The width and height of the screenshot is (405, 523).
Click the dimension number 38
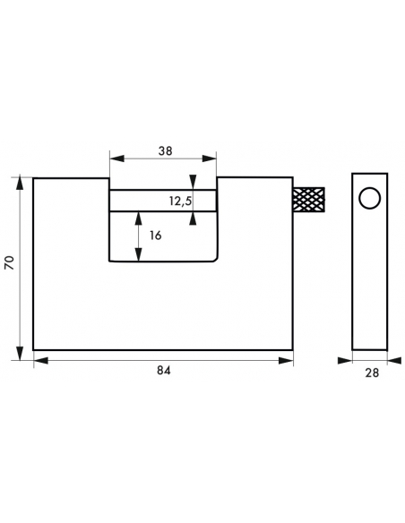click(165, 151)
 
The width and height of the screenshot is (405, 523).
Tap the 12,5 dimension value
click(180, 201)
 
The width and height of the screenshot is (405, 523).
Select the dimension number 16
click(156, 236)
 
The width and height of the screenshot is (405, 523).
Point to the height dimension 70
click(9, 262)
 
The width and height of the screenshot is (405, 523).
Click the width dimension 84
click(163, 371)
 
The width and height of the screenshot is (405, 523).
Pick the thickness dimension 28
click(372, 373)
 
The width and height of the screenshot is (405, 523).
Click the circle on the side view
click(370, 198)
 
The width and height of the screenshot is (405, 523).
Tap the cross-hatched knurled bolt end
click(309, 200)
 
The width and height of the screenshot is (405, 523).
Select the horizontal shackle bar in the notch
click(163, 201)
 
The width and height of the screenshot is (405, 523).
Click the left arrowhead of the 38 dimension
click(116, 159)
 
